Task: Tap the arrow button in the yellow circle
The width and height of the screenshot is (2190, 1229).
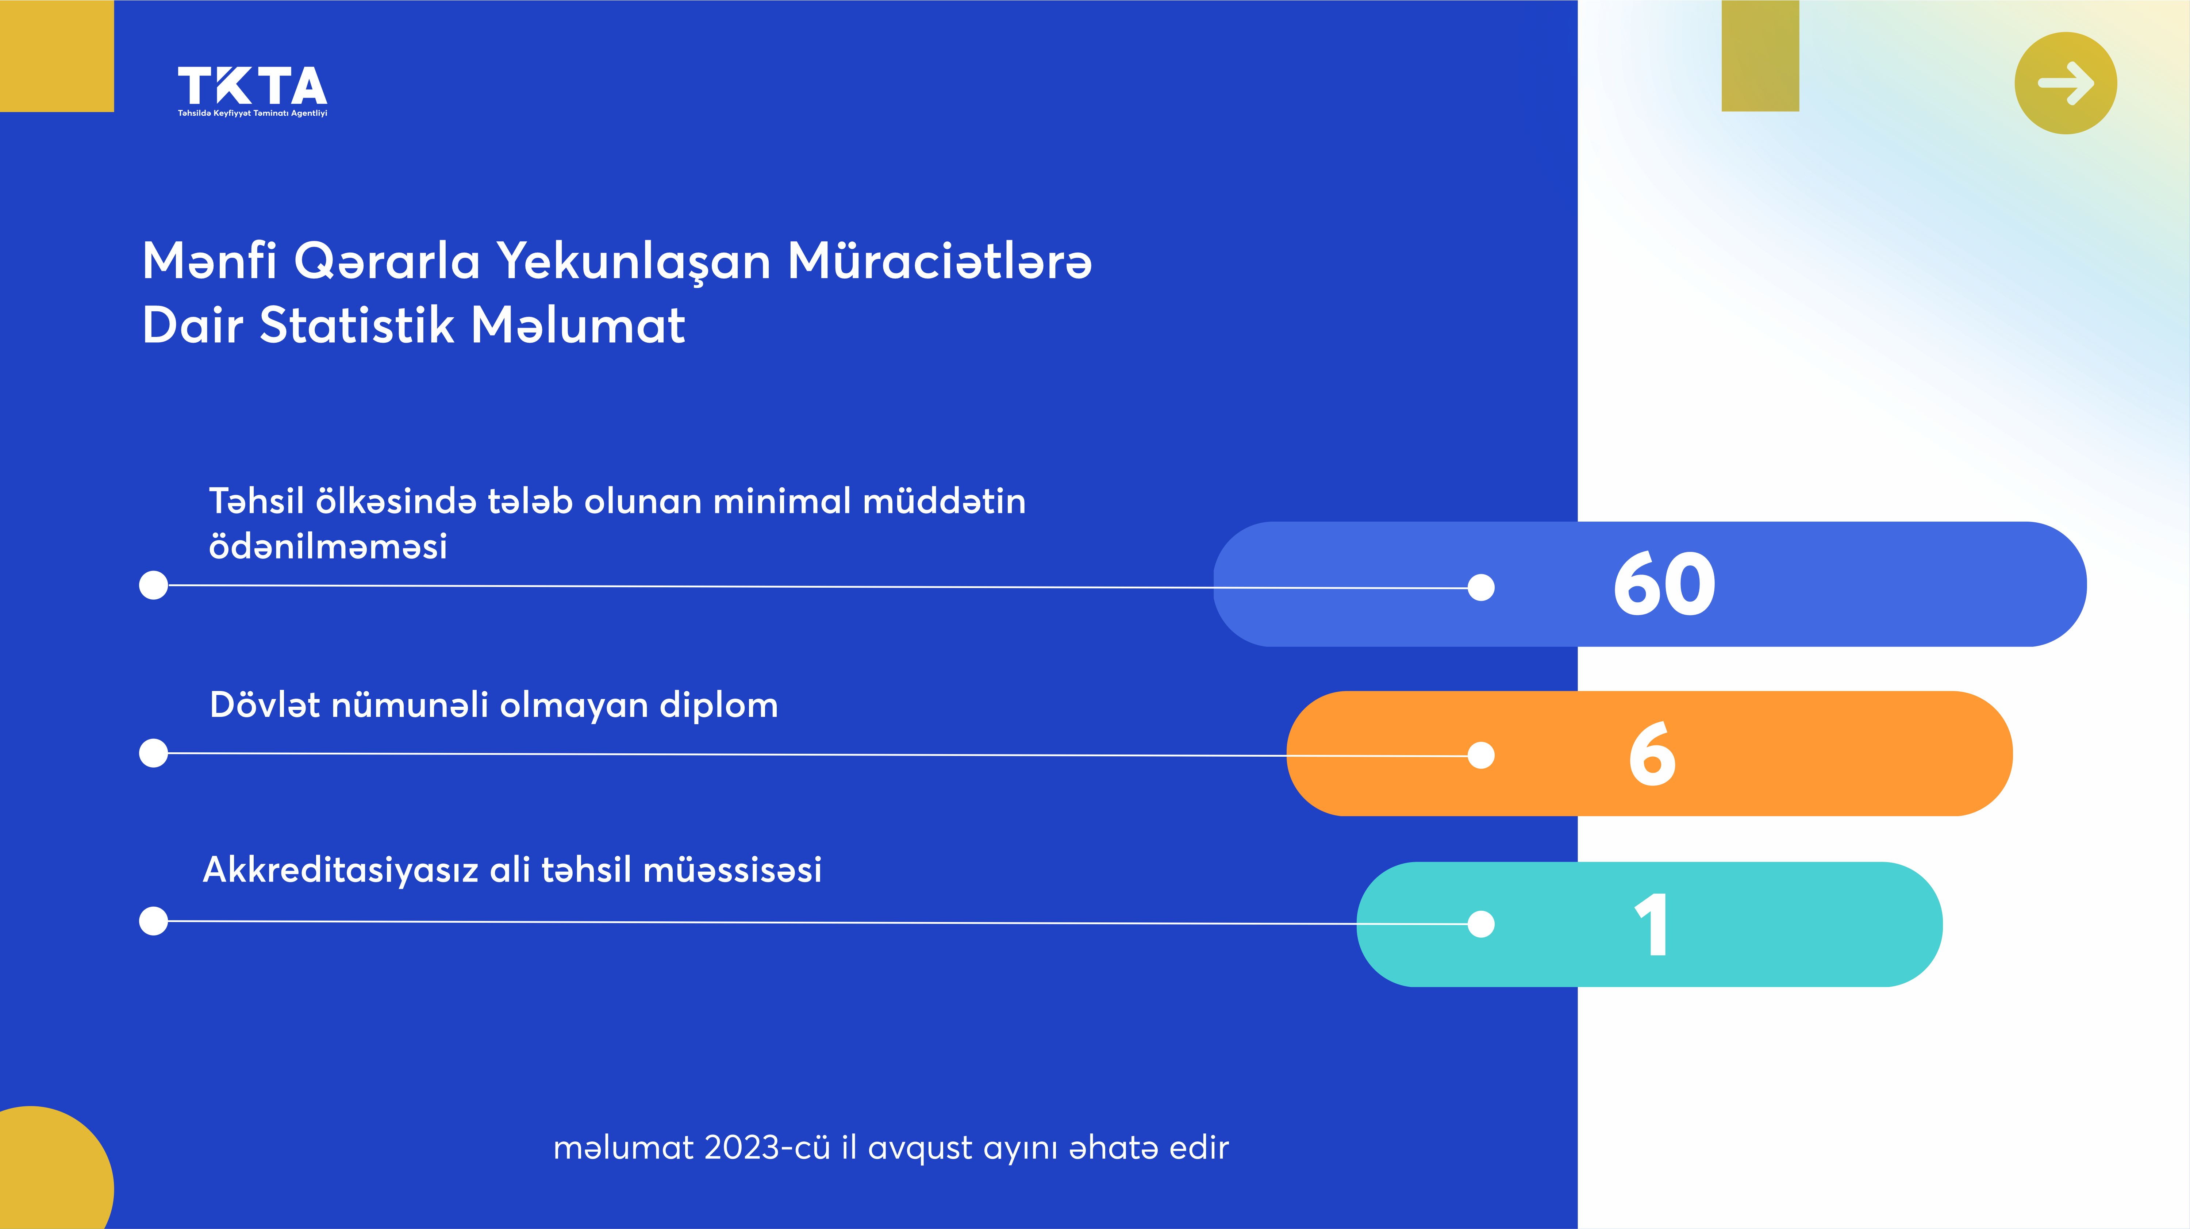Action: (x=2066, y=83)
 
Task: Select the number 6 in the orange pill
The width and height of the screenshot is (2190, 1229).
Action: (x=1652, y=754)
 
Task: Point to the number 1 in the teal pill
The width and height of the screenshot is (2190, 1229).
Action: (x=1652, y=925)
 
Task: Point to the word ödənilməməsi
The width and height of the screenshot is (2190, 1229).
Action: (x=328, y=546)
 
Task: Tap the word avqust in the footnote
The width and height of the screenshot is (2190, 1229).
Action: (x=920, y=1149)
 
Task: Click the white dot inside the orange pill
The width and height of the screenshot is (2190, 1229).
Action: (x=1481, y=755)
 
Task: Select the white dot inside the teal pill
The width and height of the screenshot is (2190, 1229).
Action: (x=1481, y=924)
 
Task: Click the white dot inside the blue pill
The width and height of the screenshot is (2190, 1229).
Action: (x=1481, y=587)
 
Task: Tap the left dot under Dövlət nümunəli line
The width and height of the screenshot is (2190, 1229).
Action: (x=153, y=753)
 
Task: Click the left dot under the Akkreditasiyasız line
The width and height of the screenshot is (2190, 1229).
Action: (x=153, y=921)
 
